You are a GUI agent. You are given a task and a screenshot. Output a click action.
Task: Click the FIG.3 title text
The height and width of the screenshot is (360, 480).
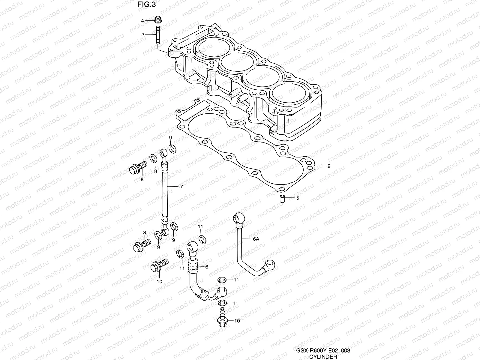click(147, 5)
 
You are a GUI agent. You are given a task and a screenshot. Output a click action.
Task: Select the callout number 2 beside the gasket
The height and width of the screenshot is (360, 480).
click(329, 166)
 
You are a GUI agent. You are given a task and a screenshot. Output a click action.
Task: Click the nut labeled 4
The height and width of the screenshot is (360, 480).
click(157, 20)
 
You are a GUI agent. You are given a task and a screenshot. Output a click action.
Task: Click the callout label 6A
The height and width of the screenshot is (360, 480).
click(256, 239)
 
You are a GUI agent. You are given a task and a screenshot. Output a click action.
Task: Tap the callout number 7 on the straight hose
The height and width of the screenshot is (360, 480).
click(181, 187)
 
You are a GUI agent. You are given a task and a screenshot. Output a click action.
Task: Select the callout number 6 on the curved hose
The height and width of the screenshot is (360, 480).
click(206, 267)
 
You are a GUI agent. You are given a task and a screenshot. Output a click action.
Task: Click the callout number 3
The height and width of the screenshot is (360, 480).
click(143, 35)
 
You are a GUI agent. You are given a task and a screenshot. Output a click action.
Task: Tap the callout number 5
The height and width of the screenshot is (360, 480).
click(298, 198)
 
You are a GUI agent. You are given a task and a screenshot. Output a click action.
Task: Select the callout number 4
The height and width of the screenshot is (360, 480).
click(143, 20)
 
